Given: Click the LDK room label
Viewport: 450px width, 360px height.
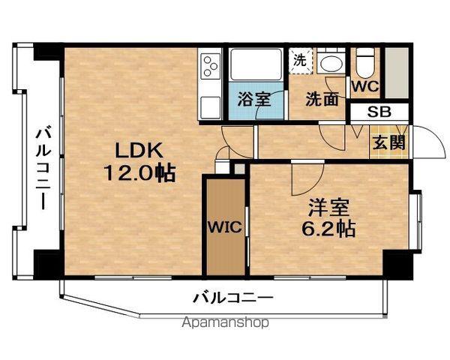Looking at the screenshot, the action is [x=139, y=150].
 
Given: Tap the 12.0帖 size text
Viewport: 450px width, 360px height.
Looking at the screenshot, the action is [x=139, y=172].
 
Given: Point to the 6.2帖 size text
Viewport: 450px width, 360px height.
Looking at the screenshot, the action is [x=329, y=229].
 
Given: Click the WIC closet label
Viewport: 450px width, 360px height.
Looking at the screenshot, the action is [x=225, y=227].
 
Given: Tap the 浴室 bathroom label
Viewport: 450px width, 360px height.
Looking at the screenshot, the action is [x=254, y=99].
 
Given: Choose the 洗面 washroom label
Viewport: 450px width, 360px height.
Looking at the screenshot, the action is [x=322, y=99].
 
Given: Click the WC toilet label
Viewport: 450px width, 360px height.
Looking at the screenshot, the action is [x=366, y=86].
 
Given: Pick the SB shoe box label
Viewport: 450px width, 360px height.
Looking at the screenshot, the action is [x=379, y=112].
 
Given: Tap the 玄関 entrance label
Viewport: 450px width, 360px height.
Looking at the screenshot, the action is [x=388, y=142].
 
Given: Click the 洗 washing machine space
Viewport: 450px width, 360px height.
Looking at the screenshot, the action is [x=300, y=61].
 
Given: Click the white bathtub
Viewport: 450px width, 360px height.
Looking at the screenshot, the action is [x=256, y=64].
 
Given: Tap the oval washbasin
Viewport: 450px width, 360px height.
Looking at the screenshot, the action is [x=331, y=64].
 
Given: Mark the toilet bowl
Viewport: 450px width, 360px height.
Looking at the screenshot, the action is [x=365, y=65].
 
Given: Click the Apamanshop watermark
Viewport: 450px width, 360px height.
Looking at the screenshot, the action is [x=226, y=322].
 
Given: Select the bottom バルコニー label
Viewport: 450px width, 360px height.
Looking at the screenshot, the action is [x=232, y=298].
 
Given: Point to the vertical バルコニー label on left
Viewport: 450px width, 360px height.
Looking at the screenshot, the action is [x=43, y=169].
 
